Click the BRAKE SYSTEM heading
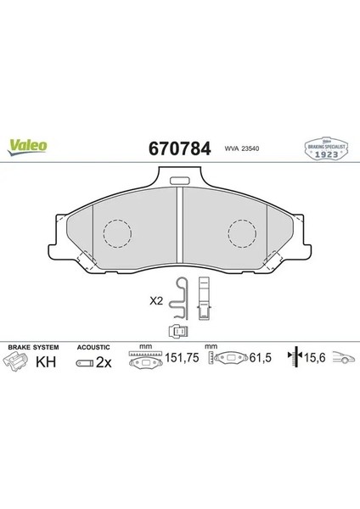pyautogui.click(x=31, y=348)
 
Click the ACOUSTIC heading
pyautogui.click(x=93, y=348)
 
